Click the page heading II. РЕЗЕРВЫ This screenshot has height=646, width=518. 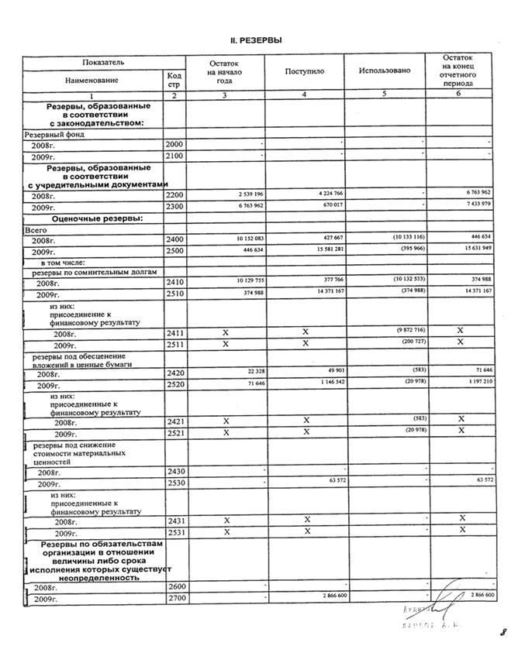click(x=259, y=40)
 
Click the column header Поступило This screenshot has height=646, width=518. click(x=305, y=71)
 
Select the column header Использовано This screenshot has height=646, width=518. click(x=384, y=71)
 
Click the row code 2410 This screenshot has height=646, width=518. click(x=174, y=283)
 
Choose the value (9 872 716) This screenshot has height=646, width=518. click(x=408, y=329)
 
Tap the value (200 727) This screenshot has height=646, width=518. click(x=409, y=342)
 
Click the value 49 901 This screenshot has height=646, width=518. click(x=332, y=370)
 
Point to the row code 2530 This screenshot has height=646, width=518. click(x=174, y=483)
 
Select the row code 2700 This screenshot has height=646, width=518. click(x=174, y=598)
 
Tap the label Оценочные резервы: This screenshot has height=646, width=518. click(x=97, y=218)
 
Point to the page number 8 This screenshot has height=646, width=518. click(x=502, y=631)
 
